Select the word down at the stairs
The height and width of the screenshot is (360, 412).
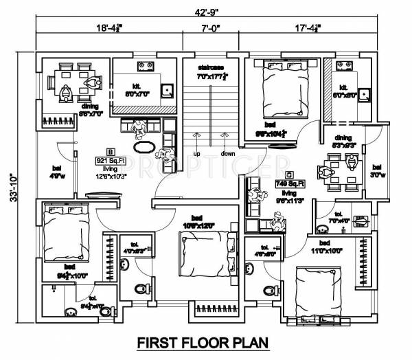tap(228, 153)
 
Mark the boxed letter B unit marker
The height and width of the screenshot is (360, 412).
tap(108, 151)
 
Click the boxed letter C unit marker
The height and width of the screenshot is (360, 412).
tap(290, 175)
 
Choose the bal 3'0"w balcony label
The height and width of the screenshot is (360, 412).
tap(376, 170)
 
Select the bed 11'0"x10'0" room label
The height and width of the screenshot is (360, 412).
tap(337, 247)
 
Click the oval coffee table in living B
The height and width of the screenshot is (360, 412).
tap(144, 146)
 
